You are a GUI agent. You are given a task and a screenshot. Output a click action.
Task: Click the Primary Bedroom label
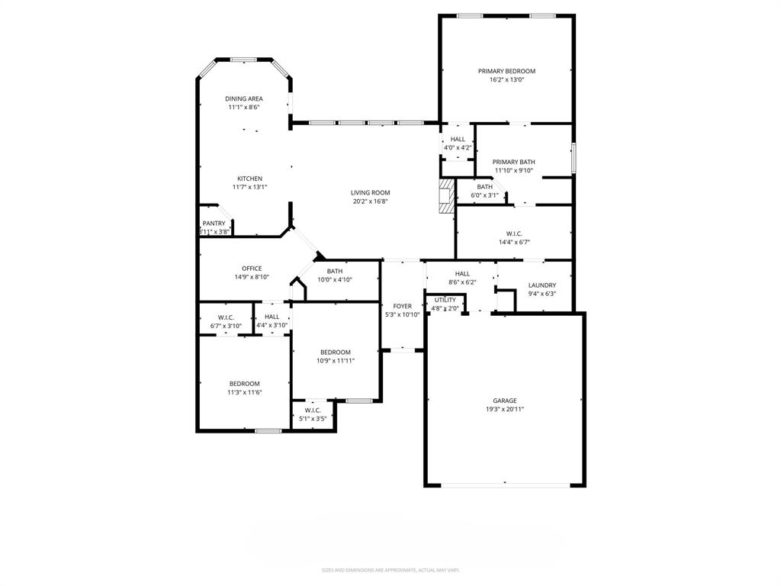[506, 71]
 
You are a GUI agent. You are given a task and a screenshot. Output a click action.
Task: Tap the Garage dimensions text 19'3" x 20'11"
[504, 409]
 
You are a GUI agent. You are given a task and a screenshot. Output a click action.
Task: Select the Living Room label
[371, 192]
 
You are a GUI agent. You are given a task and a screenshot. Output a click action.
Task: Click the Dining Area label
[244, 98]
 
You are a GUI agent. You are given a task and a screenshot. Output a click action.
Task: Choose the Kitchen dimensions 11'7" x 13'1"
[249, 187]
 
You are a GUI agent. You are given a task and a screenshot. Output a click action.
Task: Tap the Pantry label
[214, 223]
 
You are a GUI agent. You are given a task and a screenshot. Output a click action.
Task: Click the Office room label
[252, 269]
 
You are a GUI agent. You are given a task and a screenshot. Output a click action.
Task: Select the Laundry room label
[542, 285]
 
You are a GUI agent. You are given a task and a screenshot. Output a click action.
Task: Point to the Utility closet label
[445, 300]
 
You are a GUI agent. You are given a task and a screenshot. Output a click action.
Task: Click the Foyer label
[402, 306]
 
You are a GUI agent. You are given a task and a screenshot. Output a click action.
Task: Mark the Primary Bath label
[513, 162]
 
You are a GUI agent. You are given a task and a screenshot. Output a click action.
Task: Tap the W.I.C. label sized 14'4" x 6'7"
[513, 233]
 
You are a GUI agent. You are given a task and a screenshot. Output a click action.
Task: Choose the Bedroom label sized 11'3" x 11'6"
[244, 384]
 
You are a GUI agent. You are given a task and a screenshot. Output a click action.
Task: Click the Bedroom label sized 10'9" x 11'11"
[336, 352]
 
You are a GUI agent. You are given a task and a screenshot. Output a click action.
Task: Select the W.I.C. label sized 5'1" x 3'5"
[312, 410]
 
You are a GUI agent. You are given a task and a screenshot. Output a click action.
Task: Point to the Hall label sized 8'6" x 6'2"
[462, 273]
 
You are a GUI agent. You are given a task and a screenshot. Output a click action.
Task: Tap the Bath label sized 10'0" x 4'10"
[335, 271]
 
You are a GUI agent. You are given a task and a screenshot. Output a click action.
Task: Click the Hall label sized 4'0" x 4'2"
[458, 139]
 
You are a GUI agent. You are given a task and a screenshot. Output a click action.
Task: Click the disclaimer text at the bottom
[390, 570]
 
